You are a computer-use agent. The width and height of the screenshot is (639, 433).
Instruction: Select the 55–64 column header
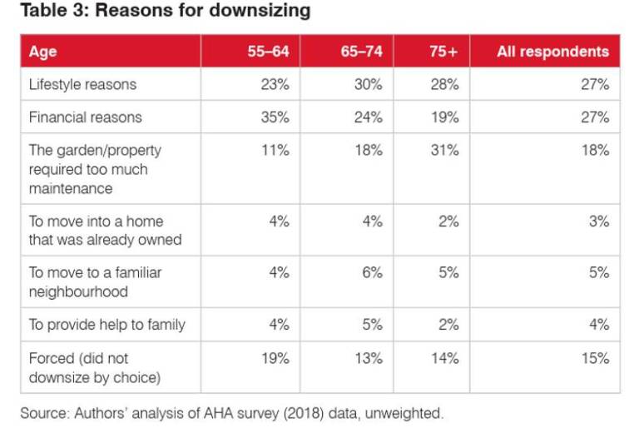click(x=268, y=52)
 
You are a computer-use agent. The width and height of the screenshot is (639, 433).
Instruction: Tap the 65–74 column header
click(x=361, y=52)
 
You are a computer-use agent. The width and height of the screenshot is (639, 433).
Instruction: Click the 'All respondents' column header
click(x=552, y=52)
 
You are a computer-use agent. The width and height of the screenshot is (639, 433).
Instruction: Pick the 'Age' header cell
click(x=42, y=52)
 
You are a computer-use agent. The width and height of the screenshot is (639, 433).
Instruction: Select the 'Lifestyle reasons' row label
click(x=82, y=84)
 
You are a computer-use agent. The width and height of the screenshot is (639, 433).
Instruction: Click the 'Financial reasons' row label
click(x=86, y=117)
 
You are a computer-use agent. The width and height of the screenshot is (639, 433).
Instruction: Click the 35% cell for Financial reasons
click(x=275, y=117)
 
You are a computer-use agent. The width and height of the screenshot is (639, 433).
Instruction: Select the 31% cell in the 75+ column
click(x=445, y=151)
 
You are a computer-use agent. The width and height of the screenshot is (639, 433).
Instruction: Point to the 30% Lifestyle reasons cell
click(x=369, y=84)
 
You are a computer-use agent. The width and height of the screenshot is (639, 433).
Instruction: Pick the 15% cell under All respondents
click(x=596, y=359)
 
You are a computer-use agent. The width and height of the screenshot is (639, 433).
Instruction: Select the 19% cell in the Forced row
click(x=275, y=359)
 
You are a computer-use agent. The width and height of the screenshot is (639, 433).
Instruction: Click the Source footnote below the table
click(x=232, y=411)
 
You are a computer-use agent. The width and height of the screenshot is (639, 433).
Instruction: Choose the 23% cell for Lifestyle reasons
click(x=275, y=84)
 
